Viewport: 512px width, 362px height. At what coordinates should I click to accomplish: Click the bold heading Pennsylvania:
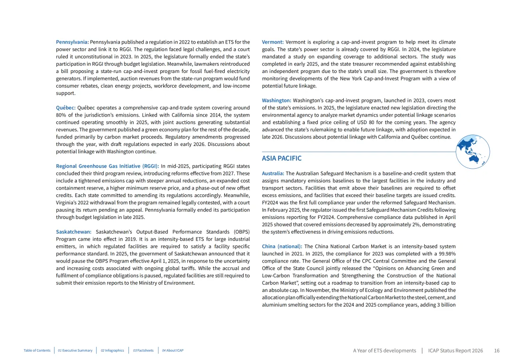pos(72,42)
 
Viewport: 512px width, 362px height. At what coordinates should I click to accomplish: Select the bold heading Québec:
pos(65,108)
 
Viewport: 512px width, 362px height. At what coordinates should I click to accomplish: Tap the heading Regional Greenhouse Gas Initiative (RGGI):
pos(107,166)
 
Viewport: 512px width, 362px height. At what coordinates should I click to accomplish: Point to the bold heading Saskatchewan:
pos(73,232)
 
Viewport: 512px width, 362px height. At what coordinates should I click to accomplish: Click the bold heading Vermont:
pos(273,42)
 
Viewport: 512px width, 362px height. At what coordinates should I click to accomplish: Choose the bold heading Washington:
pos(276,100)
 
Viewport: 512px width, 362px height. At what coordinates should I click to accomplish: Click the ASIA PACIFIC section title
pos(282,158)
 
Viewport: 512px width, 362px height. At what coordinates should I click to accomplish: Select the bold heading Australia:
pos(273,173)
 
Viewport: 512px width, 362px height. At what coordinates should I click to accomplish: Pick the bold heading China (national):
pos(282,246)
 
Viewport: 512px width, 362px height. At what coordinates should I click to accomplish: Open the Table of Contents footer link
pos(37,351)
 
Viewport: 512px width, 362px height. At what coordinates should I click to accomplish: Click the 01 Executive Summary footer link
pos(75,351)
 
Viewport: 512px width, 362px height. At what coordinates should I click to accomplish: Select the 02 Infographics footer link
pos(112,351)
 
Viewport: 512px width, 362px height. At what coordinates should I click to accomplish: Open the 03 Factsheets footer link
pos(143,351)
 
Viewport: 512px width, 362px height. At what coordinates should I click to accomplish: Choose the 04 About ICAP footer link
pos(173,351)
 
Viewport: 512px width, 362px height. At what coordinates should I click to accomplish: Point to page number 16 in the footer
pos(496,351)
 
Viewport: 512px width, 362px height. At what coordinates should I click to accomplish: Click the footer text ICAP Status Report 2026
pos(455,351)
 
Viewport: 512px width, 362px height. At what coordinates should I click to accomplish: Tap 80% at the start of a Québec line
pos(61,115)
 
